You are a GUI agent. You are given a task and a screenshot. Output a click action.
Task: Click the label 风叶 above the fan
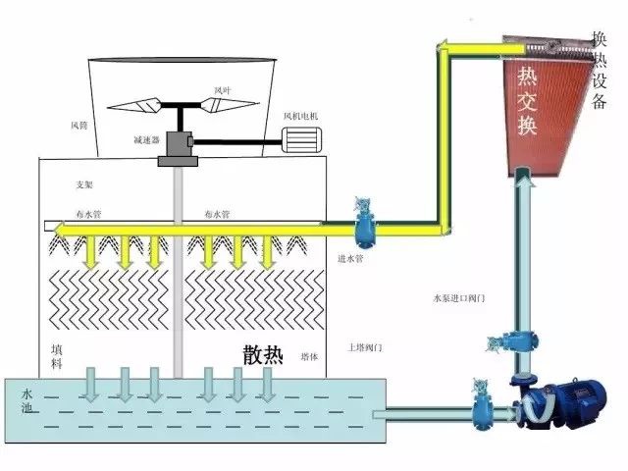(223, 89)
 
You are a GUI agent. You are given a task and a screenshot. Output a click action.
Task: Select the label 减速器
(147, 139)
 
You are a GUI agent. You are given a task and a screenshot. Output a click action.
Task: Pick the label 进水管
(350, 259)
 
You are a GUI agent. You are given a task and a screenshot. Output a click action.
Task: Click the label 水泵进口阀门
(459, 296)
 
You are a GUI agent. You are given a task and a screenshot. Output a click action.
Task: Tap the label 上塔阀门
(364, 347)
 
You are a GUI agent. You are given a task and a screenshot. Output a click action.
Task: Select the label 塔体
(307, 356)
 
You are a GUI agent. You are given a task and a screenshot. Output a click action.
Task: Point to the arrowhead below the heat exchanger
(526, 178)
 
